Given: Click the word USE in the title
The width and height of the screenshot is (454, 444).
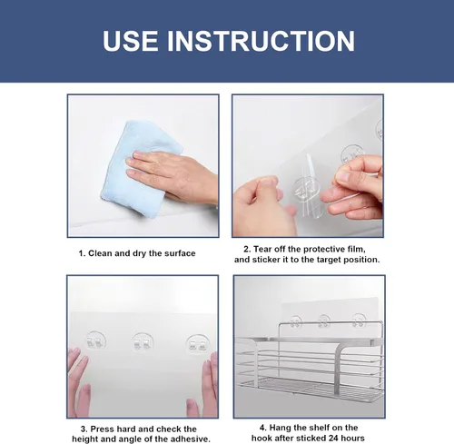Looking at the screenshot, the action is click(x=130, y=41).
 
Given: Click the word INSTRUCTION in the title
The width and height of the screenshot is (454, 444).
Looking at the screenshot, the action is click(x=261, y=41).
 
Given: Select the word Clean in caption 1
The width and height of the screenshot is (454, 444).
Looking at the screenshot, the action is click(x=100, y=253).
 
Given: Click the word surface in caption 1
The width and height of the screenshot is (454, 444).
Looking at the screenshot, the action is click(x=180, y=253).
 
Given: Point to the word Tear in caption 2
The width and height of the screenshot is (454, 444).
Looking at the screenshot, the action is click(x=262, y=249).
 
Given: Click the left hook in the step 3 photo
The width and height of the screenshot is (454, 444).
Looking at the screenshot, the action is click(x=94, y=340).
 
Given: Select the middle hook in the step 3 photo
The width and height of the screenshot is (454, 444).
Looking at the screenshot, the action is click(x=143, y=342).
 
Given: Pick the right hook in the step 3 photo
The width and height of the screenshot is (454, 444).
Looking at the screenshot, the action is click(x=197, y=344).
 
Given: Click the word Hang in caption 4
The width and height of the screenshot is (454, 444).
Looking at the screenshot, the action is click(x=279, y=428).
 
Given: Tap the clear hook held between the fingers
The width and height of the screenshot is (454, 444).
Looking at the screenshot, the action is click(x=306, y=189).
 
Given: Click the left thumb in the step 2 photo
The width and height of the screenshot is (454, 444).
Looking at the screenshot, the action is click(x=266, y=185).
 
